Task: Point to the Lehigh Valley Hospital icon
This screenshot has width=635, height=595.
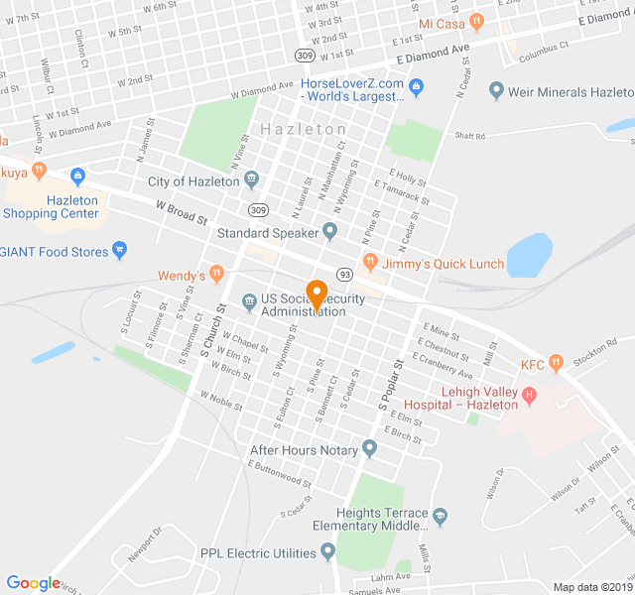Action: [x=529, y=396]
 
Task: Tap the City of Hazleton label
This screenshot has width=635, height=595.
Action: [x=193, y=181]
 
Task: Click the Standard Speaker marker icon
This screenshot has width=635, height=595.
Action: [x=330, y=233]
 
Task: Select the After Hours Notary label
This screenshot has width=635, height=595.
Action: [x=304, y=450]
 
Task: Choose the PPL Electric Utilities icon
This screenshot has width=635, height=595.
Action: [x=328, y=552]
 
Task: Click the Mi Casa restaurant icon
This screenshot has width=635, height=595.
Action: [x=477, y=22]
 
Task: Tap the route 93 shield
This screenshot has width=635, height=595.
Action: [x=344, y=274]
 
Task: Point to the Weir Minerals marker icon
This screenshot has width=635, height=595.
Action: [x=496, y=91]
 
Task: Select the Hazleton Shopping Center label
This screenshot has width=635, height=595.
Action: [x=51, y=206]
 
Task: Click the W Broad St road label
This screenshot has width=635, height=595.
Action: [x=182, y=211]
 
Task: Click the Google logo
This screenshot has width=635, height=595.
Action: [x=34, y=583]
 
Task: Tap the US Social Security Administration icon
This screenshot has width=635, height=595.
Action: [x=249, y=299]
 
